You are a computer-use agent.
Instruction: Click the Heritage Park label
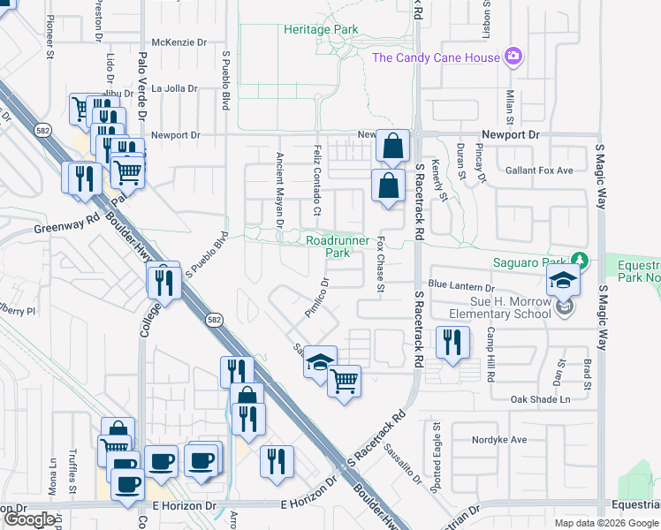pos(321,29)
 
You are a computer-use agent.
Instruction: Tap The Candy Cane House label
pos(436,57)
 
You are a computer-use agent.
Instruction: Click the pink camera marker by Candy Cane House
pos(513,57)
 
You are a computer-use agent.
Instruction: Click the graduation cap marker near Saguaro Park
pos(562,280)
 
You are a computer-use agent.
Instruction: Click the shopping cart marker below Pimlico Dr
pos(344,381)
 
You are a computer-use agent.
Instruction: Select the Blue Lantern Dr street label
pos(460,286)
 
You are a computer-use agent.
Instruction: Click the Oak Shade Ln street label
pos(541,399)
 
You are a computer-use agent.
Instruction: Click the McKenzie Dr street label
pos(179,42)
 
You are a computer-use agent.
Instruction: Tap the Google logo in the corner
pos(29,519)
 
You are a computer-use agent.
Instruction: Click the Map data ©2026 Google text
pos(605,523)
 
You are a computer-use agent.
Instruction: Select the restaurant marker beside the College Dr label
pos(164,281)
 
